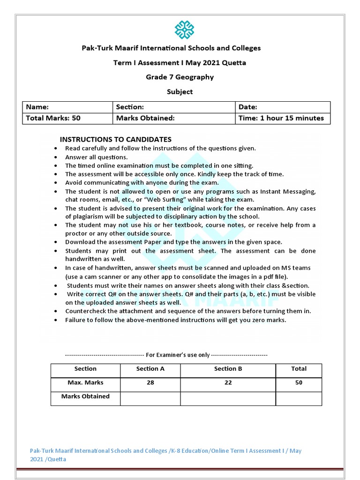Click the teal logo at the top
coord(184,29)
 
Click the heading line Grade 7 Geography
coord(180,77)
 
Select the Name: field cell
coord(67,107)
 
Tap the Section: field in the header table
coord(174,107)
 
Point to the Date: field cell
coord(283,107)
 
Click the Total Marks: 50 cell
coord(67,118)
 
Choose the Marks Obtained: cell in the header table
coord(174,118)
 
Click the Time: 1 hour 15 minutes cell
coord(283,118)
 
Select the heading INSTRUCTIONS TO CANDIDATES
coord(115,139)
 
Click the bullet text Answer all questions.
coord(96,157)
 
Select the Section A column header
coord(150,369)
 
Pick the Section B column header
coord(228,369)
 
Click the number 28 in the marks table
coord(150,382)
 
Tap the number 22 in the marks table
coord(228,382)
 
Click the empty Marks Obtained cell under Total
coord(299,398)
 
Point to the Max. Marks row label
coord(85,382)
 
